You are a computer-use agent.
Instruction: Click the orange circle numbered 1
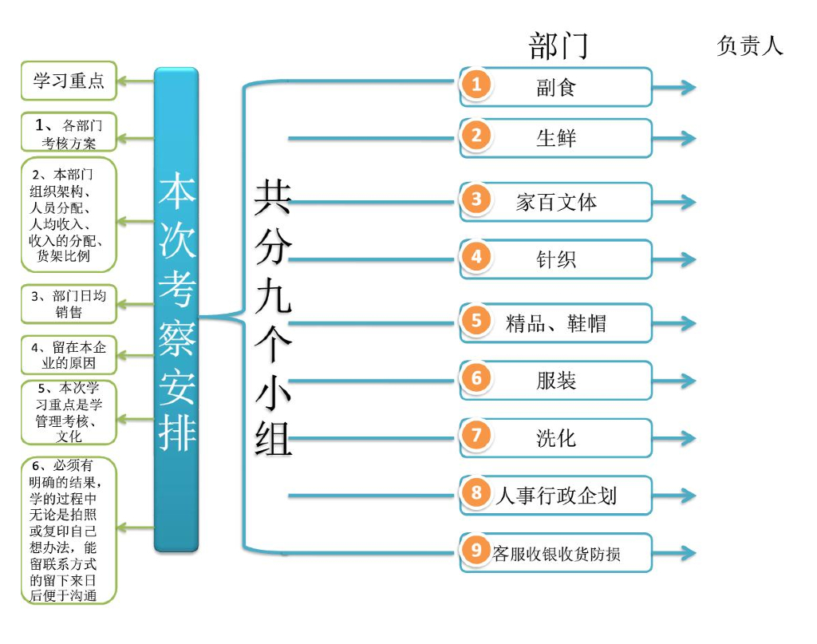(476, 85)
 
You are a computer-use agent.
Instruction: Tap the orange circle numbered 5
(476, 321)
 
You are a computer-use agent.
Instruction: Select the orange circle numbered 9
(476, 551)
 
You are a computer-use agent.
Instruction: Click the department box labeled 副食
(556, 87)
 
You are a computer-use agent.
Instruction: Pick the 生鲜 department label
(556, 138)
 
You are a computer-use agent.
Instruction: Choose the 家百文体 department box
(556, 202)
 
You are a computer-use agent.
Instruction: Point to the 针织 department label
(556, 259)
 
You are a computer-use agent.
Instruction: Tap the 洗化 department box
(556, 438)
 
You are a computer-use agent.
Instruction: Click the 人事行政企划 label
(556, 496)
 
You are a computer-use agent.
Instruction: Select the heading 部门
(558, 46)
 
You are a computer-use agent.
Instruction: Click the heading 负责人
(750, 46)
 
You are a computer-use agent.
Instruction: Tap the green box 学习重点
(69, 81)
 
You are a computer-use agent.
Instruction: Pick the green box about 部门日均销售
(69, 304)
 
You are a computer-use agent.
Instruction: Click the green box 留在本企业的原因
(69, 355)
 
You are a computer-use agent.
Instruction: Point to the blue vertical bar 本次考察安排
(176, 310)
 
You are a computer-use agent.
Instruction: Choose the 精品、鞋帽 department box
(556, 323)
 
